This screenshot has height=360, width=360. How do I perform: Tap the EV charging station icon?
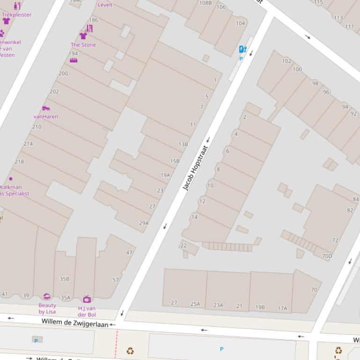pyautogui.click(x=242, y=50)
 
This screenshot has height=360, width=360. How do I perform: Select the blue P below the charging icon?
pyautogui.click(x=241, y=59)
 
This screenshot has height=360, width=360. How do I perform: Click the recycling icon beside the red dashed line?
pyautogui.click(x=130, y=351)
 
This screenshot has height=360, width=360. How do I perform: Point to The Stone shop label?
pyautogui.click(x=83, y=45)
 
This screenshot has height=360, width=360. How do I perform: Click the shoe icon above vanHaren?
pyautogui.click(x=46, y=108)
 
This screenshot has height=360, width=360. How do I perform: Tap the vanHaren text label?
pyautogui.click(x=46, y=116)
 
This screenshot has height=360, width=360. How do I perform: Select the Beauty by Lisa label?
pyautogui.click(x=47, y=309)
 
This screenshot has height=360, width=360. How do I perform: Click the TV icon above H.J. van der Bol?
pyautogui.click(x=87, y=299)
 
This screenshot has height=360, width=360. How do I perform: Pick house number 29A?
pyautogui.click(x=144, y=223)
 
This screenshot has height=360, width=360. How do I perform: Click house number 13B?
pyautogui.click(x=183, y=144)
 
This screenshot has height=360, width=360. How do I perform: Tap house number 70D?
pyautogui.click(x=327, y=256)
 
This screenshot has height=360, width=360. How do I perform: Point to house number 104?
pyautogui.click(x=240, y=23)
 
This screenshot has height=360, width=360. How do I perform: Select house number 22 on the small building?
pyautogui.click(x=184, y=245)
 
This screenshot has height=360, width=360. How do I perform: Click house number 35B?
pyautogui.click(x=65, y=279)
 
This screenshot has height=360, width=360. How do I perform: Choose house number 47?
pyautogui.click(x=129, y=252)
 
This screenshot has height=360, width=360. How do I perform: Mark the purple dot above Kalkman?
pyautogui.click(x=11, y=179)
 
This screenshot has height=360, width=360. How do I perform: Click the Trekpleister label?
pyautogui.click(x=16, y=14)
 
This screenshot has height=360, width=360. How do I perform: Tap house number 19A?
pyautogui.click(x=165, y=175)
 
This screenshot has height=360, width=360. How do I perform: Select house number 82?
pyautogui.click(x=350, y=210)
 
